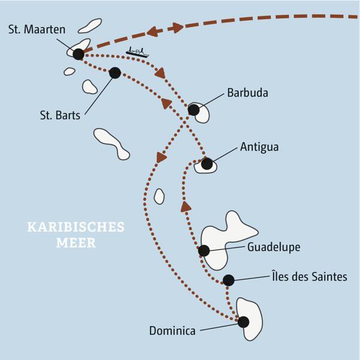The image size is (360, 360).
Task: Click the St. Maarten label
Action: click(37, 29)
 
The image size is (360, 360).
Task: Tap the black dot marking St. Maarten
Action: click(78, 54)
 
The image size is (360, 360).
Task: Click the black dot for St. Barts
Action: click(115, 73)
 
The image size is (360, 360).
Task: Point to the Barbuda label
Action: click(247, 93)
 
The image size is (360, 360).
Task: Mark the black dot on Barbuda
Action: click(193, 110)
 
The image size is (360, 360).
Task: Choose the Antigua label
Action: click(259, 146)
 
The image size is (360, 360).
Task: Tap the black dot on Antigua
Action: click(206, 163)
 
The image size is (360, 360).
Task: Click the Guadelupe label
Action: click(274, 246)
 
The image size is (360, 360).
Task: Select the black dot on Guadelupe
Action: click(204, 251)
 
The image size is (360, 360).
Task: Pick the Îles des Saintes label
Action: click(308, 277)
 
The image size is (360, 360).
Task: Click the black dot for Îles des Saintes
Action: click(228, 280)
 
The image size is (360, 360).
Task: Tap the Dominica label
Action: click(172, 330)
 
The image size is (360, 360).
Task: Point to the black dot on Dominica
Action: click(243, 322)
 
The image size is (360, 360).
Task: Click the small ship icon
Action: click(137, 52)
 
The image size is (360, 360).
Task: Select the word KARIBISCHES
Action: click(75, 227)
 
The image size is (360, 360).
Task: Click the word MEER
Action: click(75, 244)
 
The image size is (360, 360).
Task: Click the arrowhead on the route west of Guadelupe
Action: click(187, 207)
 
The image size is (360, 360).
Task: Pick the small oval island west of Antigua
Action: click(159, 196)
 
